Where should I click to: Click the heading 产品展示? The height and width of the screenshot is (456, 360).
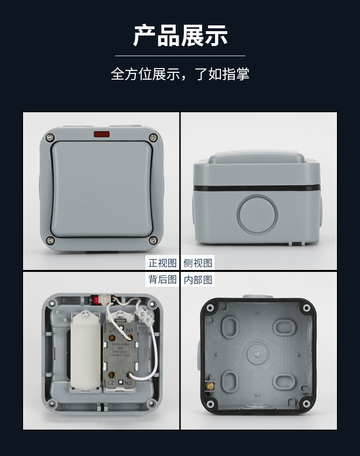[x=180, y=36]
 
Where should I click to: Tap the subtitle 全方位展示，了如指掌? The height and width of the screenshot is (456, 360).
[x=180, y=74]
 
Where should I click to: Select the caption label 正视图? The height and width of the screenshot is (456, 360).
[x=163, y=263]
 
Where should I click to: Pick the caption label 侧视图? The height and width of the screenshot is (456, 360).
[x=198, y=263]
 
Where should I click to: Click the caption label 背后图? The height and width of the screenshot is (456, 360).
[x=163, y=280]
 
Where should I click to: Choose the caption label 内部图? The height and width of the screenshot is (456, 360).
[x=198, y=280]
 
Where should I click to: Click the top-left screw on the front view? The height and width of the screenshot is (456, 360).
[x=49, y=138]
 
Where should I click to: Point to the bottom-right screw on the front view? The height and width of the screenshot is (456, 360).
[x=153, y=240]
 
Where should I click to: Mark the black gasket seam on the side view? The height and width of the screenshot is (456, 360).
[x=257, y=188]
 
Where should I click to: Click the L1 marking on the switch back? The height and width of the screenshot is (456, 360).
[x=111, y=330]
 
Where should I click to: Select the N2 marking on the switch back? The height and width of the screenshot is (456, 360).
[x=128, y=383]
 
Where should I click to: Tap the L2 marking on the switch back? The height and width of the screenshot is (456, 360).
[x=110, y=383]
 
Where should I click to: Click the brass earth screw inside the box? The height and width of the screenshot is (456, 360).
[x=209, y=385]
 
